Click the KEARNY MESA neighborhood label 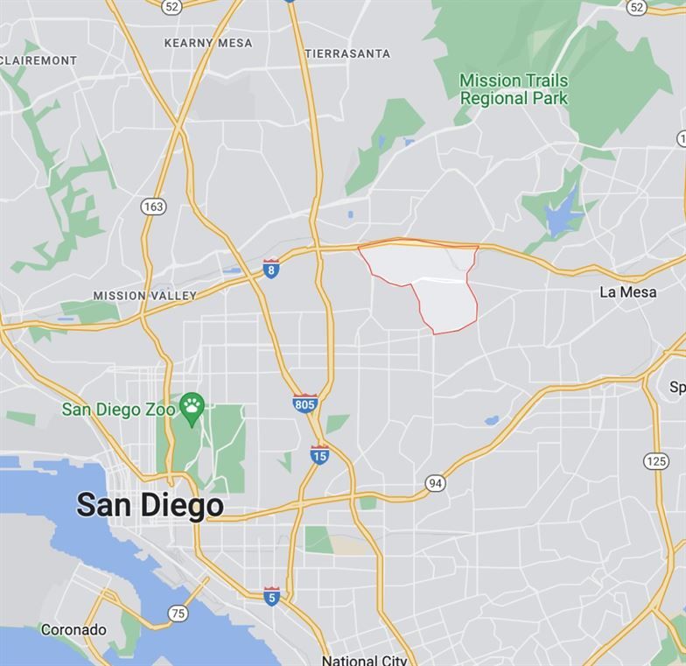(208, 43)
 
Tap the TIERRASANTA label (347, 53)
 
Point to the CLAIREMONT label (38, 60)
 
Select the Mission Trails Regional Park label (514, 89)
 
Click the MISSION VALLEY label (145, 296)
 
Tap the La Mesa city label (627, 292)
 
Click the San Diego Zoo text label (119, 410)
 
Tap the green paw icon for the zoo (192, 405)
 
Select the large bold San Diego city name (150, 505)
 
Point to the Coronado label (73, 629)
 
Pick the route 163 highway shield (152, 207)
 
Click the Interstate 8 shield (271, 269)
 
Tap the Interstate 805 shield (304, 403)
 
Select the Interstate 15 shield (320, 455)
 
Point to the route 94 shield (435, 482)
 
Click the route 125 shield (657, 461)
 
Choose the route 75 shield (178, 613)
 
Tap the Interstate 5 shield (272, 596)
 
